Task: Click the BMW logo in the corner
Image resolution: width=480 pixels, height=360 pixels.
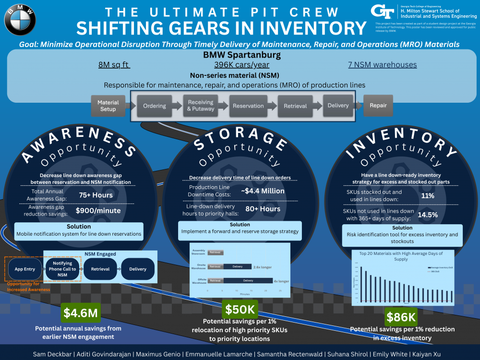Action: [x=20, y=19]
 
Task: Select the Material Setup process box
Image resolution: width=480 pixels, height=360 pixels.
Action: [x=108, y=106]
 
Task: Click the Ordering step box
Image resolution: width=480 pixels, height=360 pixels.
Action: [x=155, y=106]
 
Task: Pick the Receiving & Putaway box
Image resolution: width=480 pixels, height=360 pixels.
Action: [x=201, y=106]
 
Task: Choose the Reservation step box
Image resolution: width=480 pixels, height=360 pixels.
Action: [x=248, y=106]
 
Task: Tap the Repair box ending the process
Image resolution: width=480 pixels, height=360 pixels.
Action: [x=378, y=106]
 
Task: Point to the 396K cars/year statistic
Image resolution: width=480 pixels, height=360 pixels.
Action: [x=241, y=65]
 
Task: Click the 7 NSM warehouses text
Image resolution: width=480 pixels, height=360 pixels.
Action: [x=383, y=65]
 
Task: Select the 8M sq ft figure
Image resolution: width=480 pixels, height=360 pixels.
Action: [x=114, y=65]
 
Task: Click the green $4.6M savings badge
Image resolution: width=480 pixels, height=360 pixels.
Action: [x=81, y=313]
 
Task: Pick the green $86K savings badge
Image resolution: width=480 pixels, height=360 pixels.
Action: [x=401, y=317]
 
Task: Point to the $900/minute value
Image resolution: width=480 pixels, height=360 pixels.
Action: [x=98, y=210]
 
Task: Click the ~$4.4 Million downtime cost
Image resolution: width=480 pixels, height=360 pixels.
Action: [x=263, y=191]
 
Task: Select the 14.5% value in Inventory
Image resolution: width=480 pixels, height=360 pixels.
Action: [x=428, y=215]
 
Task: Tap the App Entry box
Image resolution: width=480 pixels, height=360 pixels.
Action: [x=25, y=269]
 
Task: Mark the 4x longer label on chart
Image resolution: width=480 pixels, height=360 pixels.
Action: [x=281, y=281]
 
